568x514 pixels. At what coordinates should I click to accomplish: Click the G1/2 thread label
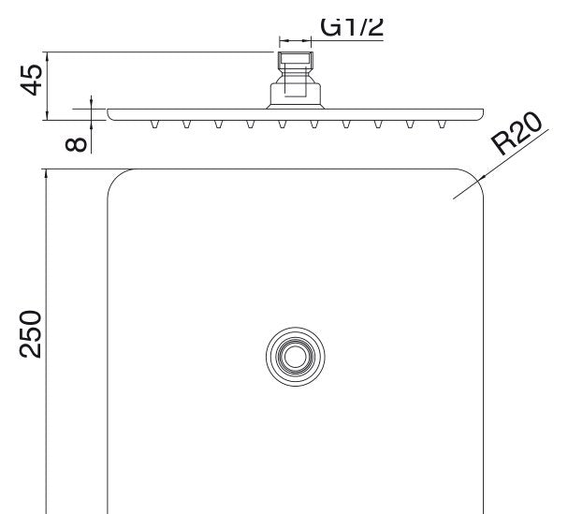352,26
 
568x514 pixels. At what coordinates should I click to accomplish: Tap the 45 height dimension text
32,80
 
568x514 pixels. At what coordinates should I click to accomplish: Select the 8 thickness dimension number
76,144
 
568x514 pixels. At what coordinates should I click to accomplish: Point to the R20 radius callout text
517,133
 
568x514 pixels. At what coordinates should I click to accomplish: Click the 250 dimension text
31,334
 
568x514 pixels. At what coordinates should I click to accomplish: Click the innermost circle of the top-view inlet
296,357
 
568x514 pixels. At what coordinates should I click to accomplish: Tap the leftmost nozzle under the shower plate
154,125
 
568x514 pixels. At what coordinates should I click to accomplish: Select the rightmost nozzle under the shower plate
442,125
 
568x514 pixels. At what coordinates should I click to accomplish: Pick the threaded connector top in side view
296,59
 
